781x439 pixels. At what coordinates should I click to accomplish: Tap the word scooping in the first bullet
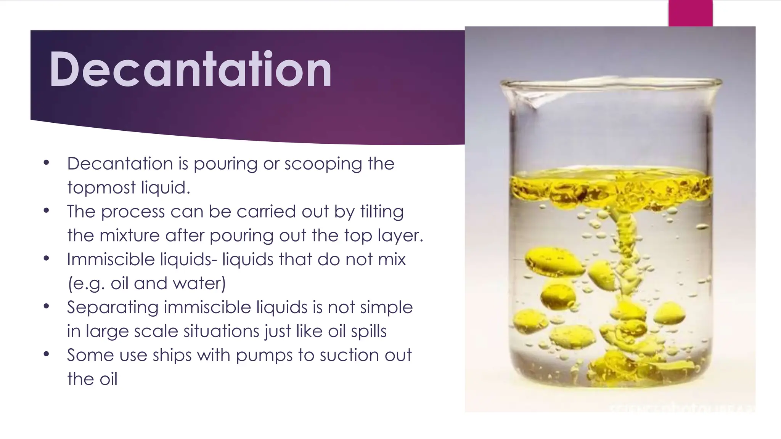323,164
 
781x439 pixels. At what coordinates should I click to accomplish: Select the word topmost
101,188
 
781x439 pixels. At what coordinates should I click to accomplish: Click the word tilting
382,212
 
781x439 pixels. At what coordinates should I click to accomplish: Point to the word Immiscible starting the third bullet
110,260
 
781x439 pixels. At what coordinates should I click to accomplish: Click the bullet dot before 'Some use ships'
47,354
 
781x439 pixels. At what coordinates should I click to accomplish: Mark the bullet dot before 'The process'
47,210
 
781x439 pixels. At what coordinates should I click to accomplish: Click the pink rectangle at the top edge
690,13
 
